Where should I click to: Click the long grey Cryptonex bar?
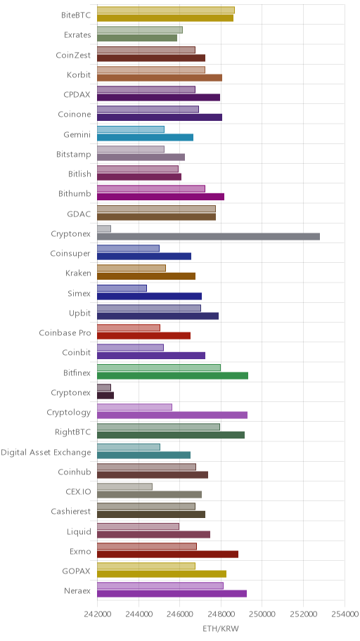pos(208,237)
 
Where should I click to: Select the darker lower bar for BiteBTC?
pos(165,18)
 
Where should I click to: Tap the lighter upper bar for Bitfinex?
pos(159,368)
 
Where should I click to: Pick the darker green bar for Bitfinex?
pos(173,376)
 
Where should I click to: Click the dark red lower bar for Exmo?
pos(168,555)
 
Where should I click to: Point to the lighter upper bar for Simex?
pos(122,288)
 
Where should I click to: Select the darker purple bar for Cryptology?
pos(172,415)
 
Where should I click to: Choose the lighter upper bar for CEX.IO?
pos(124,486)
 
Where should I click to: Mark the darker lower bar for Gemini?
pos(146,137)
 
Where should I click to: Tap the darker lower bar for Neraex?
pos(172,594)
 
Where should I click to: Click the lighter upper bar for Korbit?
pos(151,70)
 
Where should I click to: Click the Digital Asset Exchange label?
pos(46,453)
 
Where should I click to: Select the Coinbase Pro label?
pos(65,332)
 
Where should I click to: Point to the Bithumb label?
pos(75,194)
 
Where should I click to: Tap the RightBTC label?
pos(73,432)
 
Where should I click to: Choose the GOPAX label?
pos(76,571)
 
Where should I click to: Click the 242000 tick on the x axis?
pos(97,614)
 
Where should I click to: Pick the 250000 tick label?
pos(262,614)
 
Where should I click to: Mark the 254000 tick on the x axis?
pos(345,614)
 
